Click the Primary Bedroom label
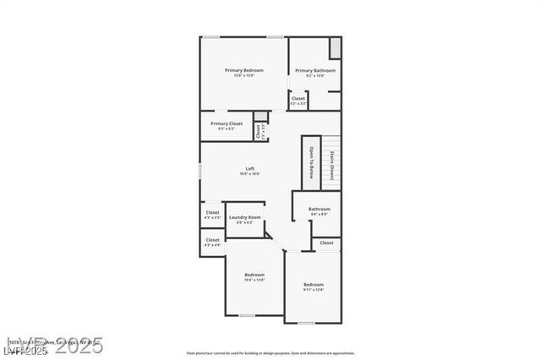pos(243,70)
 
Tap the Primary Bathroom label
pos(314,70)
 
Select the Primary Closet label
pos(227,123)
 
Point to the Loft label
pos(250,168)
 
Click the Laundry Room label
pos(244,217)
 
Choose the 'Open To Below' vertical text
pos(311,163)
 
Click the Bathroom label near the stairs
pos(319,209)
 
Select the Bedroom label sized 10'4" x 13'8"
pos(254,275)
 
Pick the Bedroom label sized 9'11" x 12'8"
pos(314,285)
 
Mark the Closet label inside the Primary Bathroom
pos(298,98)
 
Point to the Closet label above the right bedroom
pos(326,243)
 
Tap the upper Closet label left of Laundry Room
pos(212,213)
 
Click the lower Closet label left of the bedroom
pos(212,239)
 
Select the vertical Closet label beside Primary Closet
pos(259,131)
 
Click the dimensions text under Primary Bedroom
pos(243,75)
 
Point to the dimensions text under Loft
pos(250,173)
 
